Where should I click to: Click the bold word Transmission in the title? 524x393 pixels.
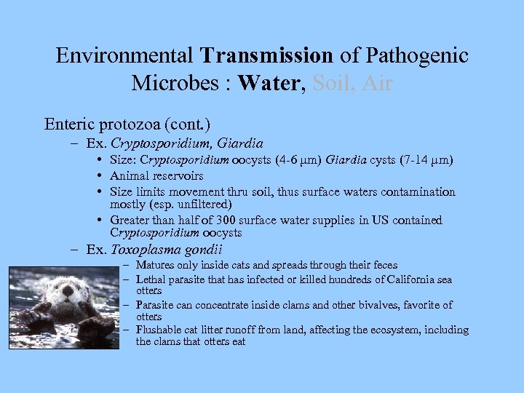point(267,55)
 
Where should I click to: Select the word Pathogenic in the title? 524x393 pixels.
point(417,55)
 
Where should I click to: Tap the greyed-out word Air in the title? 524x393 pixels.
point(376,83)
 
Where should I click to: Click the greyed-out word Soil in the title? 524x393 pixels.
point(332,83)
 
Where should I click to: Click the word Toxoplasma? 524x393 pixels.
point(145,250)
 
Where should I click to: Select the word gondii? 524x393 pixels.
point(202,250)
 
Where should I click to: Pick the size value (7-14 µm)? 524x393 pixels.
point(429,160)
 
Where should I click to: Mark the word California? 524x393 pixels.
point(402,279)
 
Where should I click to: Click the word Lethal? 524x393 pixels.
point(151,279)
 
